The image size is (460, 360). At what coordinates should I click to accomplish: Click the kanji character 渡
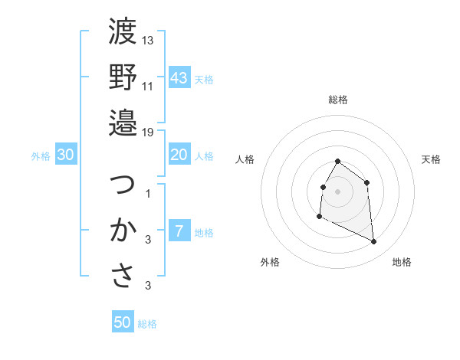pos(123,31)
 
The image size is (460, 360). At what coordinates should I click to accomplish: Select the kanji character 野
pos(123,77)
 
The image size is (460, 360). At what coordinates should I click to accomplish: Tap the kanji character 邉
pos(123,122)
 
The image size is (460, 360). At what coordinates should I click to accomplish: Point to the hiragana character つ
pos(123,185)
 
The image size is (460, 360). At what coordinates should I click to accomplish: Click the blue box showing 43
pos(179,78)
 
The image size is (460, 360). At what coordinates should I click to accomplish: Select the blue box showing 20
pos(179,155)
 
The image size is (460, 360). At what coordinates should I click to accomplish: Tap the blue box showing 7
pos(179,231)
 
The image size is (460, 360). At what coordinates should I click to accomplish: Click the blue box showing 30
pos(66,155)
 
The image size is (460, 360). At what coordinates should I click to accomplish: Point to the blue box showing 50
pos(123,322)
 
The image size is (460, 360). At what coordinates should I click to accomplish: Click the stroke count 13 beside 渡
pos(148,40)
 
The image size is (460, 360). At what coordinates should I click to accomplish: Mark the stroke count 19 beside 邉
pos(148,132)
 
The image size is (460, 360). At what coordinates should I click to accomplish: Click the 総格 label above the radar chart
pos(337,100)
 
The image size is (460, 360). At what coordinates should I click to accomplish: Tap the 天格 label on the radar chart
pos(432,159)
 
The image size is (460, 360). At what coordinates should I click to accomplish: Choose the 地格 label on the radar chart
pos(402,262)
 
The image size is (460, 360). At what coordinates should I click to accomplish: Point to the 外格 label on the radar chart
pos(270,262)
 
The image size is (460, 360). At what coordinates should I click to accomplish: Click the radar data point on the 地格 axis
pos(374,242)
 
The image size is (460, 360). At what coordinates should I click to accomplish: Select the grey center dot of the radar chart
pos(337,191)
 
